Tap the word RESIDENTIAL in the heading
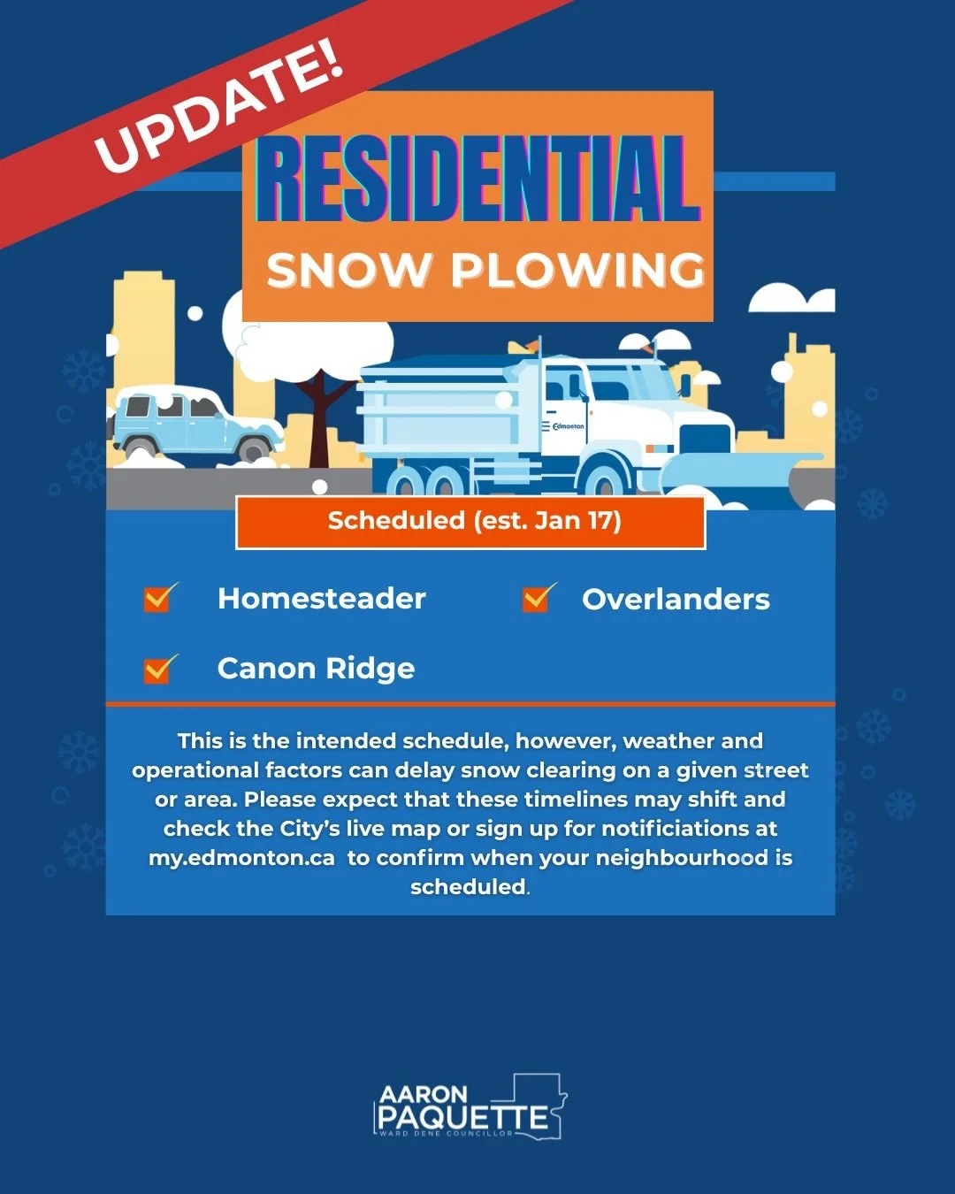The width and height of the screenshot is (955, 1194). point(477,180)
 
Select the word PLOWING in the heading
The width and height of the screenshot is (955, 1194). point(578,270)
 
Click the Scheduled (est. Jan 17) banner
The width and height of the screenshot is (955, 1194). point(471,522)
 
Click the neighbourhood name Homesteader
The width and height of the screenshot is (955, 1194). point(322,599)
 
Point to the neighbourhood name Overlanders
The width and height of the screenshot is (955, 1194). point(676,600)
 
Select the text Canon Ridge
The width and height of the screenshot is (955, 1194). point(316,669)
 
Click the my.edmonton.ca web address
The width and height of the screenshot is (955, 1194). point(241,858)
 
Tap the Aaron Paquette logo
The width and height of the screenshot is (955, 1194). point(470,1107)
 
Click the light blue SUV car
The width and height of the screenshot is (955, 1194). point(195,423)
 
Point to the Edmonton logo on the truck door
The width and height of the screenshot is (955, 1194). point(566,426)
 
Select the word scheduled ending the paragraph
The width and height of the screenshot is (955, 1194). point(468,887)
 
